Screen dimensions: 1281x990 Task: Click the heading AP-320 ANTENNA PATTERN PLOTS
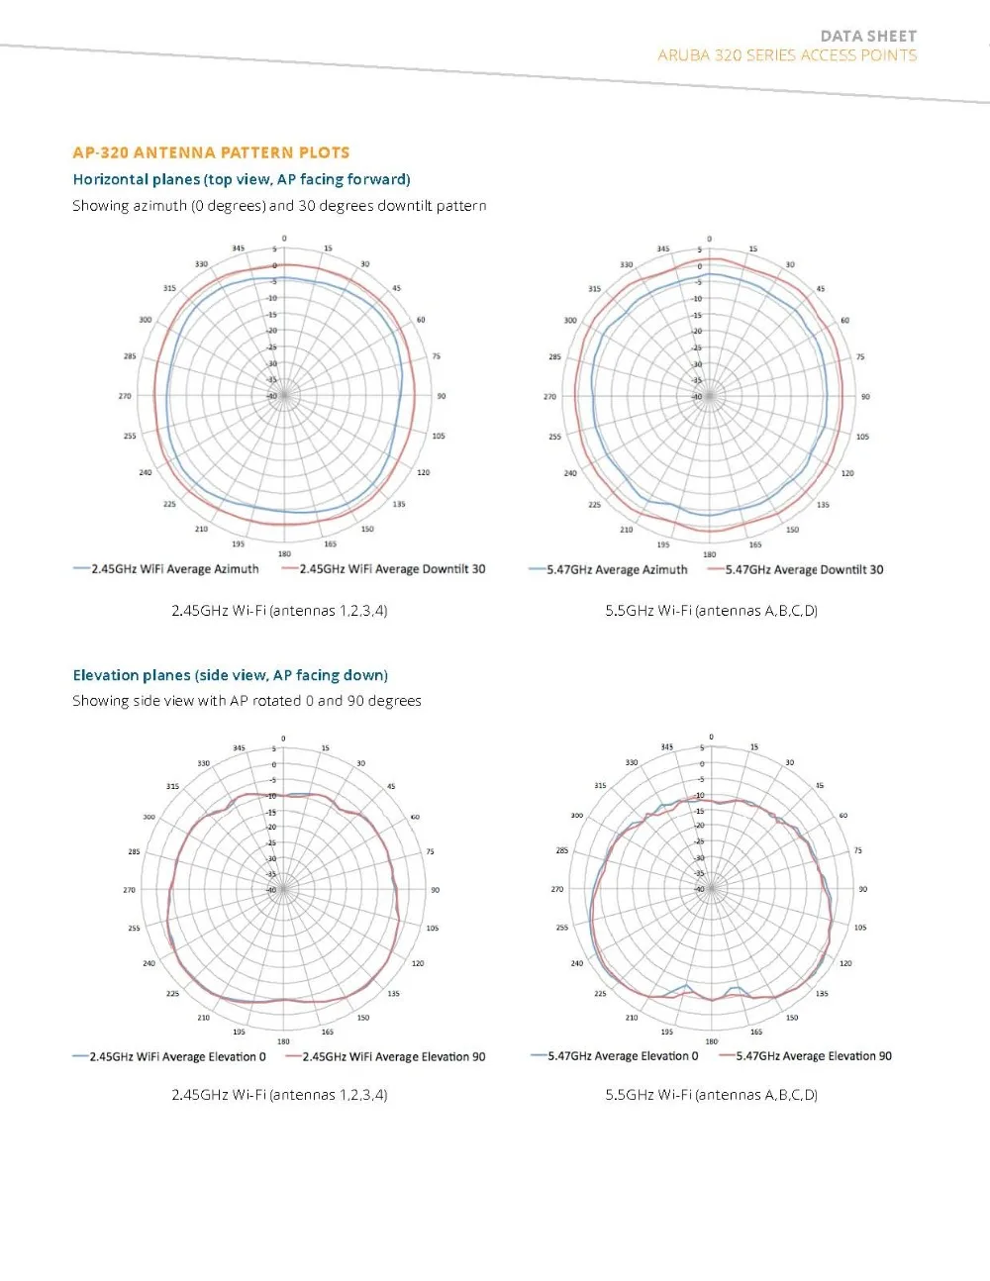point(211,152)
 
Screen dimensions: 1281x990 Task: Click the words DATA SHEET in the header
point(868,36)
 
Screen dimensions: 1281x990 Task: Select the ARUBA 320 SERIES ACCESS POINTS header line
point(787,55)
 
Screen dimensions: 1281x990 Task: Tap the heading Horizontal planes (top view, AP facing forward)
point(242,179)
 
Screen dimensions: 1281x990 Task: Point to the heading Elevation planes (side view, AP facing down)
point(230,675)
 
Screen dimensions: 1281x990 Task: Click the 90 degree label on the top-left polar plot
point(442,396)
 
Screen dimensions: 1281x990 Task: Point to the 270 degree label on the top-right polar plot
point(549,396)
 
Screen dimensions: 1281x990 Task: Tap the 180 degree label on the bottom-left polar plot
point(283,1041)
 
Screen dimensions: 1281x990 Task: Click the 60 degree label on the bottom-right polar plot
point(843,816)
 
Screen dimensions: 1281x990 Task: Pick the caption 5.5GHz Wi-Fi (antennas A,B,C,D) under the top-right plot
point(711,611)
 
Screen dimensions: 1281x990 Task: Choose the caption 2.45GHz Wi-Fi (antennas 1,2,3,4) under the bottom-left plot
point(279,1095)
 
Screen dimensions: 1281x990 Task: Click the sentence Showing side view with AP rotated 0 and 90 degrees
point(247,701)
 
